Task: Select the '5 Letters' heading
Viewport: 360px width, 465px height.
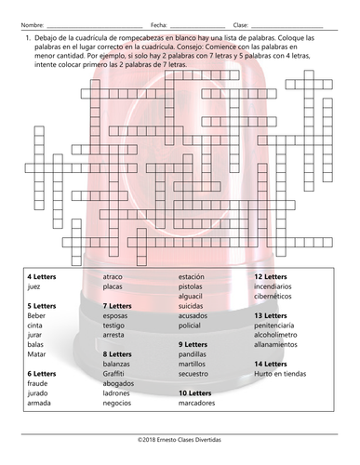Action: (41, 305)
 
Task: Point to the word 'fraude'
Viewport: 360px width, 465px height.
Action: (37, 383)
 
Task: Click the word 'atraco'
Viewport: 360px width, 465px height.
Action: (113, 277)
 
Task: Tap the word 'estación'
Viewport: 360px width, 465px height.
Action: (193, 277)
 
